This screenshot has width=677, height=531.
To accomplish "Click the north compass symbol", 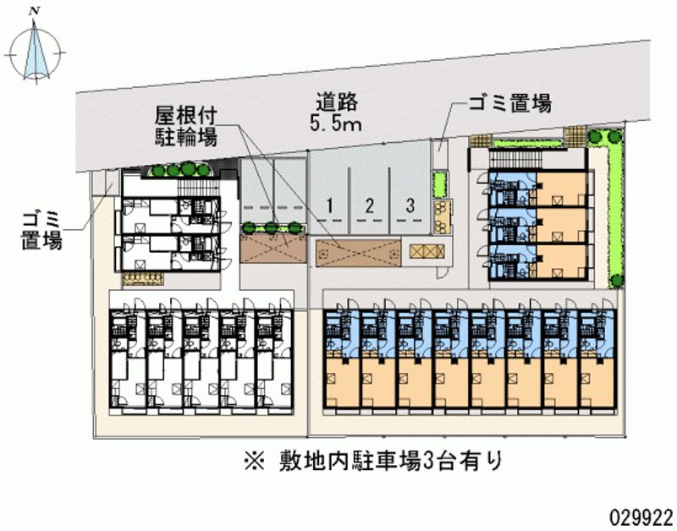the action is pyautogui.click(x=36, y=53).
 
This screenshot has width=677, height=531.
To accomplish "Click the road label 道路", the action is pyautogui.click(x=337, y=102).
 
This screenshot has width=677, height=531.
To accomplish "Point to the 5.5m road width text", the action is pyautogui.click(x=335, y=124).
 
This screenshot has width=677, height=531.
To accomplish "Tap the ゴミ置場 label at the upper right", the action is pyautogui.click(x=510, y=103).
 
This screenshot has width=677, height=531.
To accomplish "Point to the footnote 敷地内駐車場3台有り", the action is pyautogui.click(x=391, y=462).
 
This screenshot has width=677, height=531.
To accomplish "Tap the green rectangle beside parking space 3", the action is pyautogui.click(x=440, y=184).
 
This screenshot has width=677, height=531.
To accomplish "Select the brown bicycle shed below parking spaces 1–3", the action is pyautogui.click(x=358, y=253).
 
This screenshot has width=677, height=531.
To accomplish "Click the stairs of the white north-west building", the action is pyautogui.click(x=198, y=187).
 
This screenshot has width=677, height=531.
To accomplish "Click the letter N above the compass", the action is pyautogui.click(x=32, y=12).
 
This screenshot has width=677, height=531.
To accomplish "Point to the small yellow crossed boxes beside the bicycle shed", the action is pyautogui.click(x=427, y=251).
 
